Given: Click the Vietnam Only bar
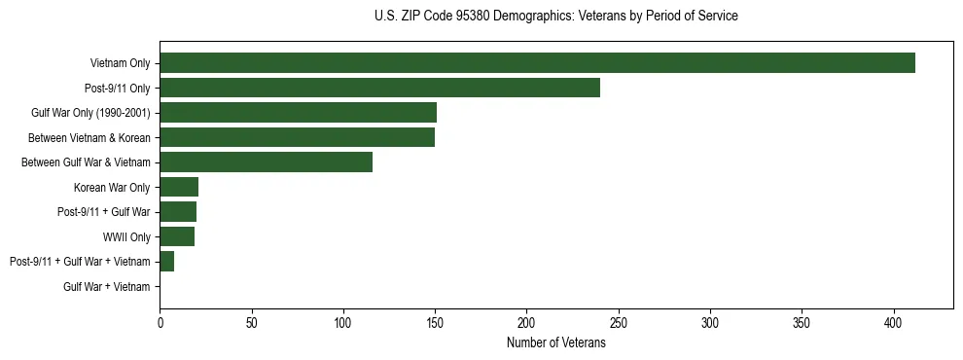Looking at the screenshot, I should (537, 63).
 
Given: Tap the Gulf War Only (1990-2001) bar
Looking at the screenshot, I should (298, 113).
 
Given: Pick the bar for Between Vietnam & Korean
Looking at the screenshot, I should (297, 137).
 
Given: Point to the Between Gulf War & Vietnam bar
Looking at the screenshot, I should (266, 162).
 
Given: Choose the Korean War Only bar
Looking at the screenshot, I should (179, 187).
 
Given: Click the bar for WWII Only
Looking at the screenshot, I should (177, 236).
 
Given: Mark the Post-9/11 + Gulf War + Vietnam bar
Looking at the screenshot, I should (166, 262).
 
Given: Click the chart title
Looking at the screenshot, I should (555, 17).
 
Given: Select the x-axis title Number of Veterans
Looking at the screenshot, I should (555, 343).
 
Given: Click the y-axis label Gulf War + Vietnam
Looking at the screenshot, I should (107, 287).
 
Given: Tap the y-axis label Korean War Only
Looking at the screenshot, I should (112, 187).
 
